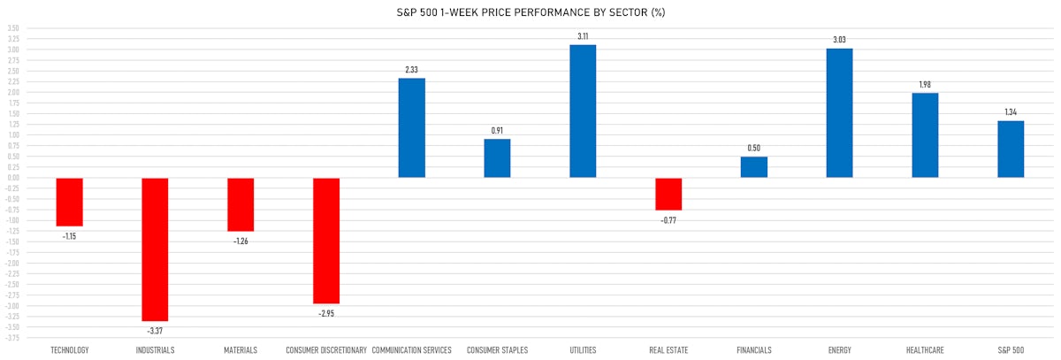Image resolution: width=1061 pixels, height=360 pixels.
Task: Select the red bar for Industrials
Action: click(x=155, y=249)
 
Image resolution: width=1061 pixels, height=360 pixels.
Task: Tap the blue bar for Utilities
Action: click(x=583, y=111)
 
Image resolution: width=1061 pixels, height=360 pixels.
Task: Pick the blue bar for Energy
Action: click(x=839, y=113)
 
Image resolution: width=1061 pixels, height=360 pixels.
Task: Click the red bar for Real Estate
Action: click(x=668, y=194)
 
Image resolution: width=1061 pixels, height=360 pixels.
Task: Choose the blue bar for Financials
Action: click(x=753, y=167)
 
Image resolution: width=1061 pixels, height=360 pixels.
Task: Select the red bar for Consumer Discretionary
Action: click(x=326, y=241)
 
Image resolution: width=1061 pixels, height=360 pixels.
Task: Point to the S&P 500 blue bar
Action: click(x=1011, y=149)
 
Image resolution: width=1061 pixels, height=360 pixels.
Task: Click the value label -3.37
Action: click(x=155, y=330)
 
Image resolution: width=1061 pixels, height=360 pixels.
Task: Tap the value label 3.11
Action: click(x=583, y=36)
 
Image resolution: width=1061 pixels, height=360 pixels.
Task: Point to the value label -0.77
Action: click(x=668, y=219)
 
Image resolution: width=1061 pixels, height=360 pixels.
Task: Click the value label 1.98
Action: click(x=925, y=85)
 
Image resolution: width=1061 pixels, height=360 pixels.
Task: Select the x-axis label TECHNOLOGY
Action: click(x=70, y=350)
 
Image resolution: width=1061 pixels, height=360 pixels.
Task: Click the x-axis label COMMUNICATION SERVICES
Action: click(x=411, y=350)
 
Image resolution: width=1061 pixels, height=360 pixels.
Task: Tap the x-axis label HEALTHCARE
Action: click(x=925, y=350)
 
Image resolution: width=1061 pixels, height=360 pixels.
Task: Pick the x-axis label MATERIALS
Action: click(x=240, y=350)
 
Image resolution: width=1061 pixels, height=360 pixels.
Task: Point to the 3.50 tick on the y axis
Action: click(x=12, y=28)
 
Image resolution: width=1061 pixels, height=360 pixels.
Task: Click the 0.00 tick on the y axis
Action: click(x=12, y=178)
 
